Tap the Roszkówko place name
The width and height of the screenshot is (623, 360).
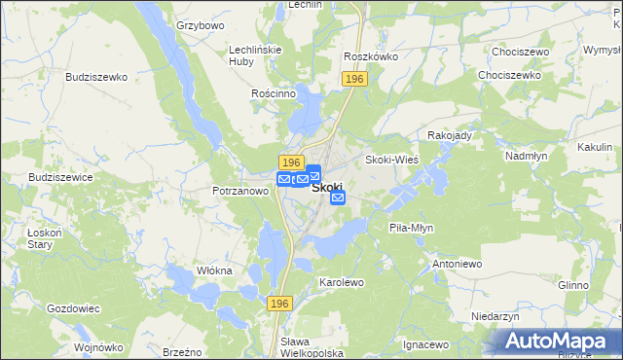[371, 56]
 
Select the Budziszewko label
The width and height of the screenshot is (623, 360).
[96, 76]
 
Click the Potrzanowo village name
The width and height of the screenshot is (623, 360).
[240, 192]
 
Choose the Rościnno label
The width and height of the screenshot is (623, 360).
[273, 93]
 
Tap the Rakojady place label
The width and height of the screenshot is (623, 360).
[450, 135]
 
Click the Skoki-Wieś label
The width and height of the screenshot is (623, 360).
[391, 159]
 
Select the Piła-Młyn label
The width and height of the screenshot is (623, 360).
[411, 227]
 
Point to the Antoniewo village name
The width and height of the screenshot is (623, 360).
[458, 264]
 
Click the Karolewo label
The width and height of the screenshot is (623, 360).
[341, 282]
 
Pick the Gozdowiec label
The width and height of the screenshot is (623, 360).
[74, 308]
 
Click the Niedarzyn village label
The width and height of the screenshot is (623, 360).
[495, 317]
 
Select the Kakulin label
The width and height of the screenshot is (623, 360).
[594, 145]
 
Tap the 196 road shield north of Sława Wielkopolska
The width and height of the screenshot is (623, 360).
[279, 305]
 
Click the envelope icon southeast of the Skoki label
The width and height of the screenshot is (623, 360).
[338, 198]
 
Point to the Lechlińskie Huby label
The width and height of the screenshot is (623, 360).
[255, 54]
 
